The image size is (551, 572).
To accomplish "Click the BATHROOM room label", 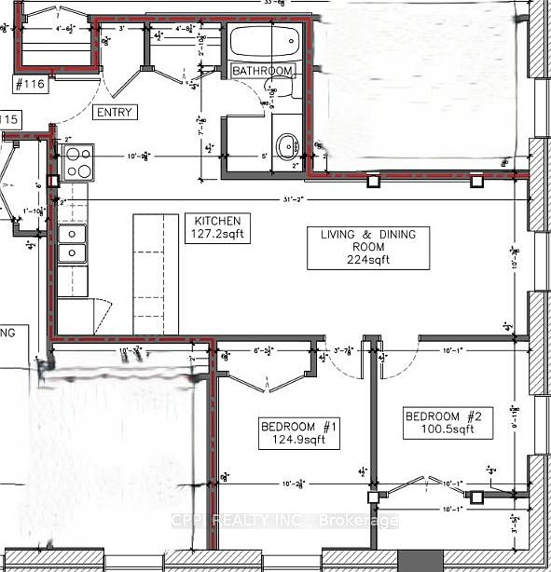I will tap(263, 71).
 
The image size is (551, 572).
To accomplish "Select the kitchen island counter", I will tap(156, 274).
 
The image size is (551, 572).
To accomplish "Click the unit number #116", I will tap(32, 85).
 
